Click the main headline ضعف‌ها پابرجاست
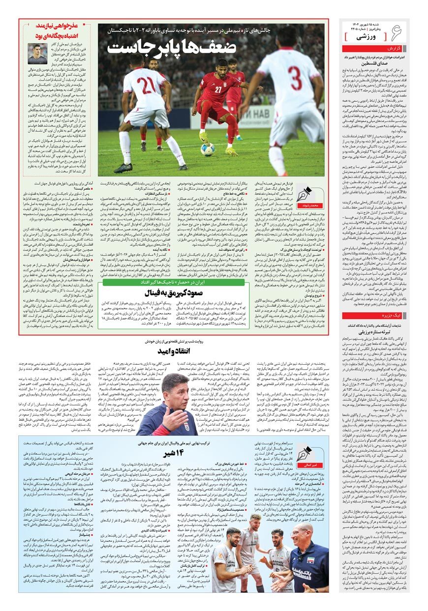coord(173,47)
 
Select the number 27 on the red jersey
coord(217,89)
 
